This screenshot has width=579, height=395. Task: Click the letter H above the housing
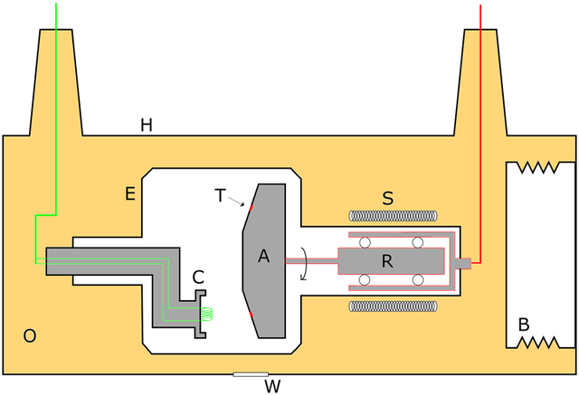pyautogui.click(x=146, y=125)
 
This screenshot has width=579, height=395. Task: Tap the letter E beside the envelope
pyautogui.click(x=129, y=193)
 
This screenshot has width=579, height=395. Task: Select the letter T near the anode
pyautogui.click(x=220, y=193)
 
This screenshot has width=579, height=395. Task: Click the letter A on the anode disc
pyautogui.click(x=264, y=257)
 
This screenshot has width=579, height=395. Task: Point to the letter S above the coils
pyautogui.click(x=387, y=199)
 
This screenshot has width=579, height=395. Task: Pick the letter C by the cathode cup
pyautogui.click(x=197, y=277)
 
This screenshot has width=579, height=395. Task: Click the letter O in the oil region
pyautogui.click(x=30, y=336)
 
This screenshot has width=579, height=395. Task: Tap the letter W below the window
pyautogui.click(x=271, y=387)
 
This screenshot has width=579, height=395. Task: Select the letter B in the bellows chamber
pyautogui.click(x=523, y=324)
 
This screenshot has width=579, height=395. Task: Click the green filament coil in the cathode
pyautogui.click(x=208, y=315)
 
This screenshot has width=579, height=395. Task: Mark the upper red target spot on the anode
pyautogui.click(x=252, y=208)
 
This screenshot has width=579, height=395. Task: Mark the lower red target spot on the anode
pyautogui.click(x=252, y=314)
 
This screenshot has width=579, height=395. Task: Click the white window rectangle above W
pyautogui.click(x=251, y=373)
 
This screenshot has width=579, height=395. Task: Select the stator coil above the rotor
pyautogui.click(x=393, y=217)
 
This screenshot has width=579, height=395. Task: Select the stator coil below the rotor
pyautogui.click(x=393, y=306)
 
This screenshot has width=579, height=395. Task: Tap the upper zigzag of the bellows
pyautogui.click(x=540, y=168)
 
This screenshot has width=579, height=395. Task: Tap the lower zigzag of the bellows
pyautogui.click(x=540, y=342)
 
